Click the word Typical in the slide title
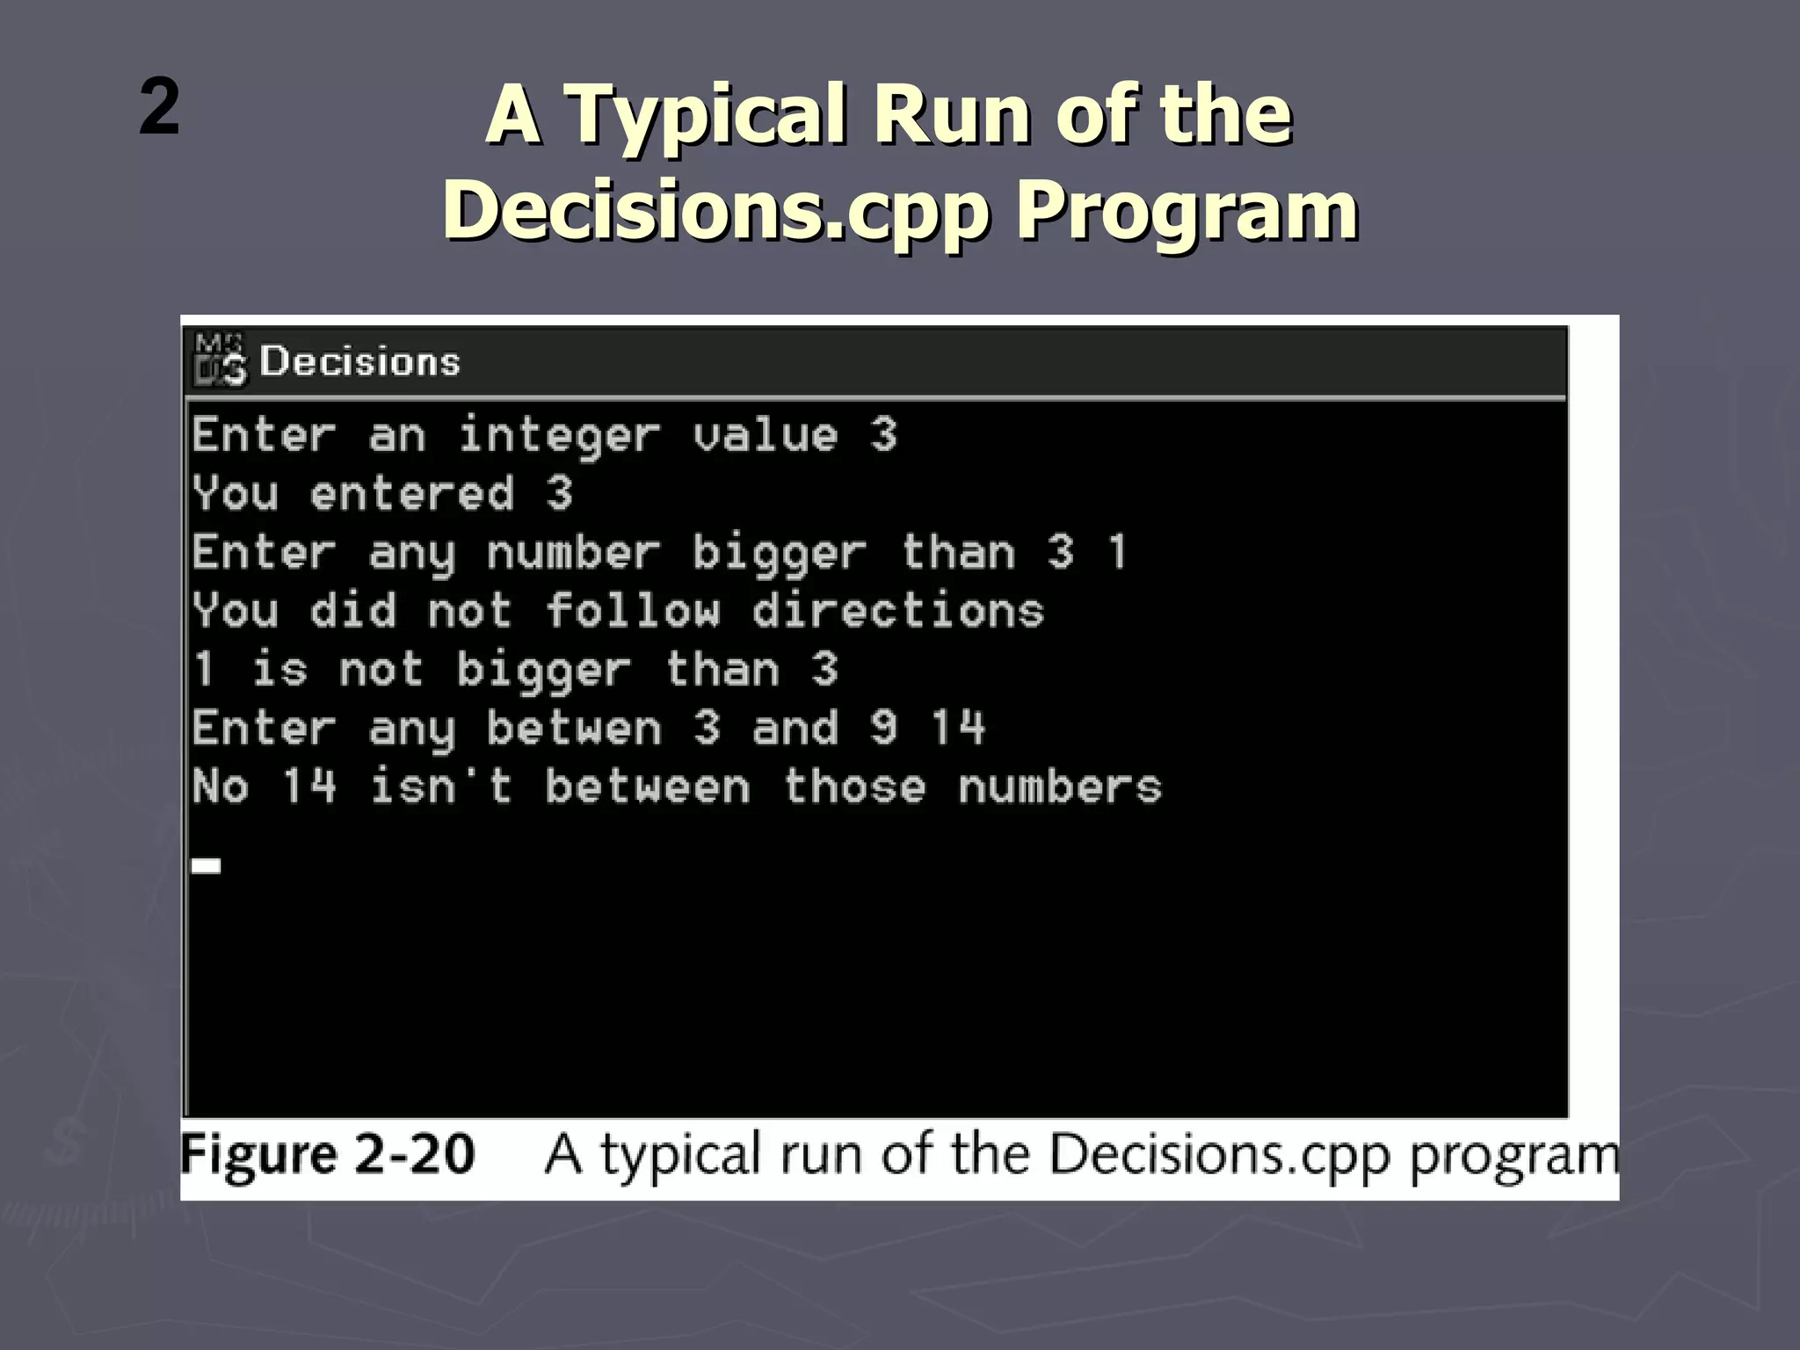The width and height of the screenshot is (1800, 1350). [708, 117]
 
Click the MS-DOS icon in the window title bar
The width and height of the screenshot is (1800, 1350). [220, 359]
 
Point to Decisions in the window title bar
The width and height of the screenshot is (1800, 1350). [359, 362]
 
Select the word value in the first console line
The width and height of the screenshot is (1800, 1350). [765, 436]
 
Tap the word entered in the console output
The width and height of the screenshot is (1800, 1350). [411, 494]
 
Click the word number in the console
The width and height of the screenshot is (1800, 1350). [573, 553]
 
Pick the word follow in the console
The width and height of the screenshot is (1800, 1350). [633, 611]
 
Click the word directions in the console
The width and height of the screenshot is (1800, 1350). [898, 611]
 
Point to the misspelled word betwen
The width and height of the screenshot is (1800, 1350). [573, 729]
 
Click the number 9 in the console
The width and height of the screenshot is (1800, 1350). [883, 729]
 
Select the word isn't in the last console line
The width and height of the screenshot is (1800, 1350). [440, 787]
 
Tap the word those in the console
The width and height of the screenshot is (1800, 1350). [854, 787]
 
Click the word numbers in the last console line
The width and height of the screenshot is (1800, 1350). [1060, 787]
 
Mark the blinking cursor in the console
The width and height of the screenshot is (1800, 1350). [207, 866]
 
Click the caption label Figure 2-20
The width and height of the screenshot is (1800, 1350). [328, 1154]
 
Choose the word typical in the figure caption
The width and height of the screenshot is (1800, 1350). [680, 1156]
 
